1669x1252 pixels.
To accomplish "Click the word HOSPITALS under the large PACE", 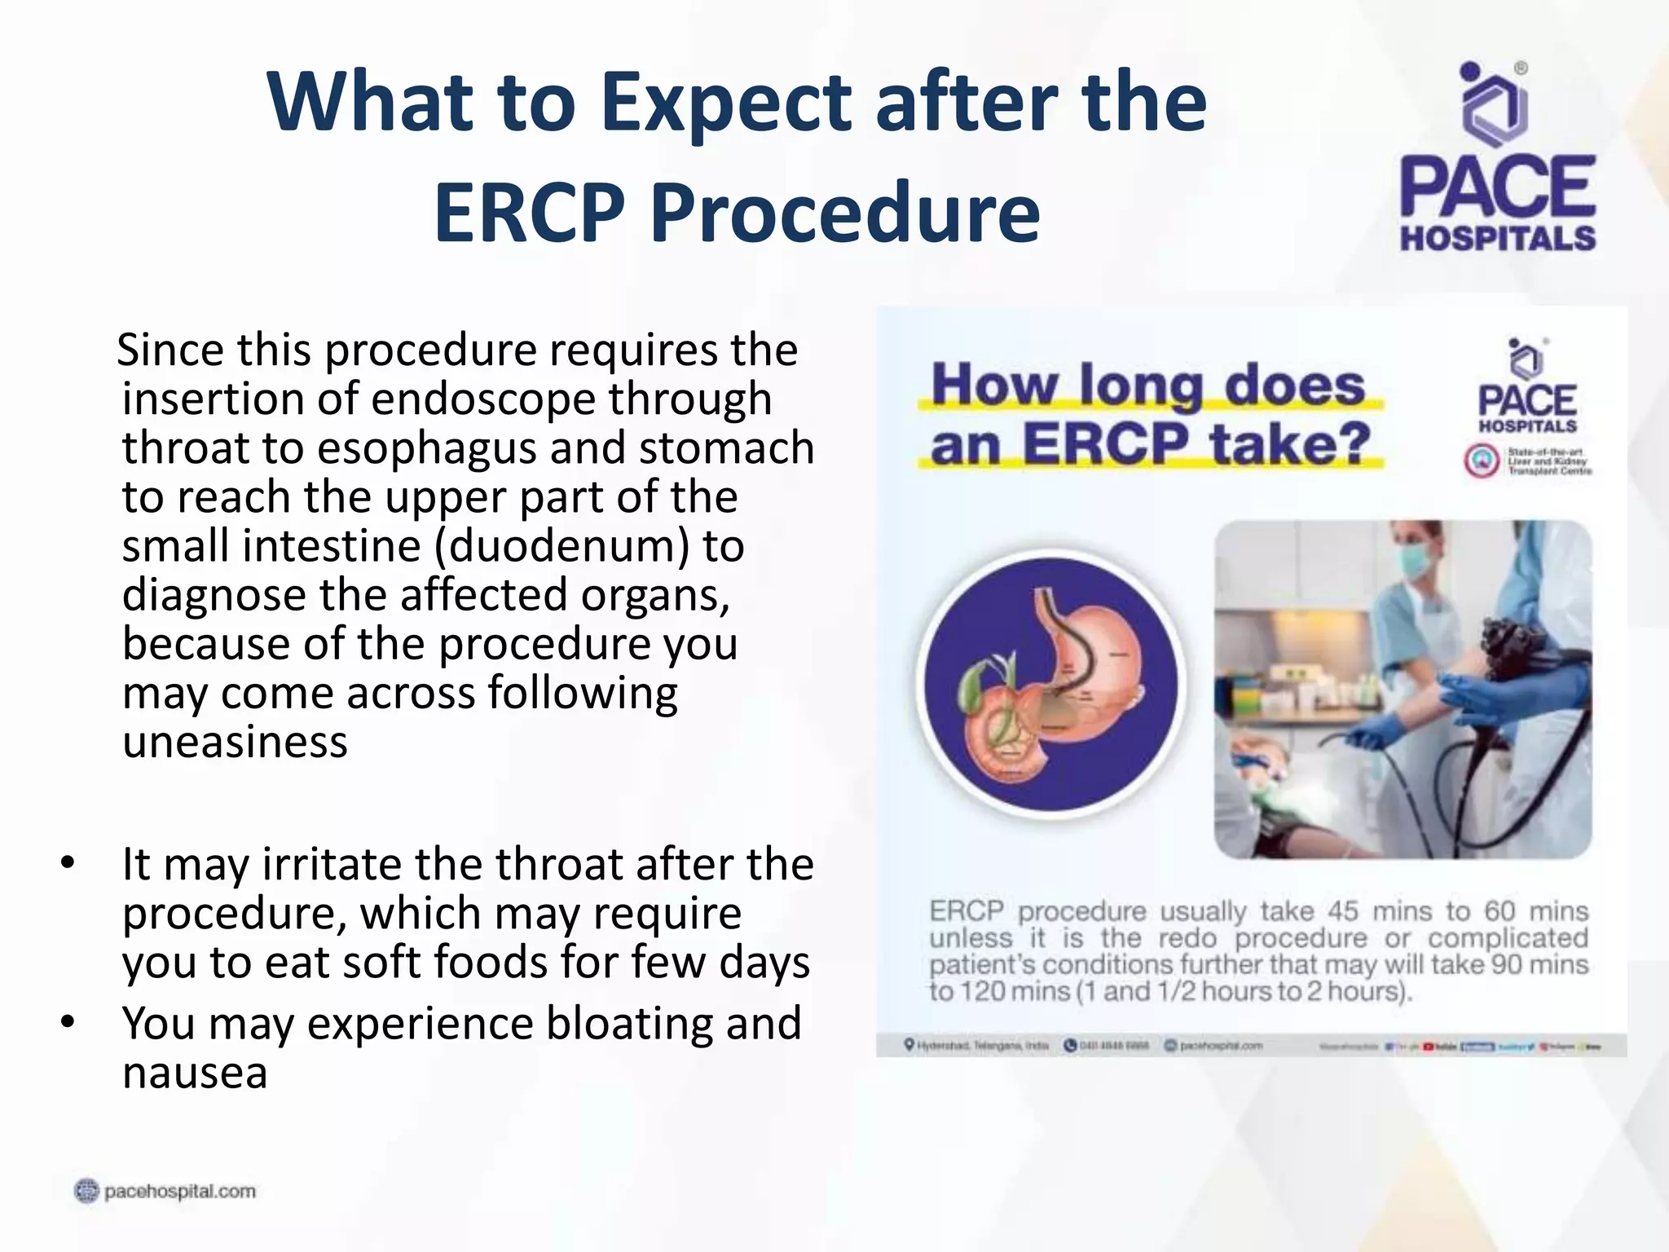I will [1498, 239].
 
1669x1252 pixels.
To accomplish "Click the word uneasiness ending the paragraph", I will [235, 742].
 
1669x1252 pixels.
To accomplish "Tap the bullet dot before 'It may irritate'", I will [68, 862].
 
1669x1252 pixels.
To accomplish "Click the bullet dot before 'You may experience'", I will [68, 1021].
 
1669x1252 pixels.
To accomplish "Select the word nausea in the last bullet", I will [194, 1072].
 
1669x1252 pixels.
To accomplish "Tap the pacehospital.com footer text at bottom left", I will [179, 1192].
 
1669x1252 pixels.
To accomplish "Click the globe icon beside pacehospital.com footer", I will [86, 1191].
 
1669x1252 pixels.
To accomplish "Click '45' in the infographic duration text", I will [1344, 910].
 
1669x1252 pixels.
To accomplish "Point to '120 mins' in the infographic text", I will [1011, 992].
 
